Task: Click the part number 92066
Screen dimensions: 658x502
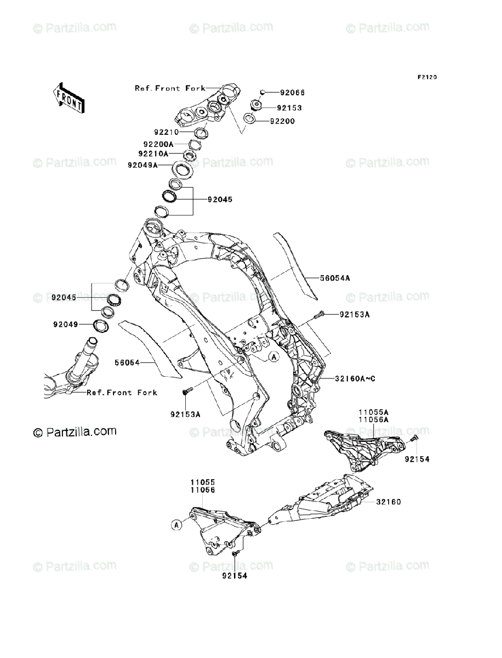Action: [293, 93]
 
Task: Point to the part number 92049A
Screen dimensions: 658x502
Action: [142, 164]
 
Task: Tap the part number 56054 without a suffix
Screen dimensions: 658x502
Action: [128, 362]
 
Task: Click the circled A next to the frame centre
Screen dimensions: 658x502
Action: [273, 357]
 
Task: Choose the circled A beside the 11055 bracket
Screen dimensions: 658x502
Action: [176, 525]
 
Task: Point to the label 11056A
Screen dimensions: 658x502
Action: [374, 419]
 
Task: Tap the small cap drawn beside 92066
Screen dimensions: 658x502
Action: [263, 93]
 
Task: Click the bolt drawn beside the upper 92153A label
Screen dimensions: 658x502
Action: [321, 314]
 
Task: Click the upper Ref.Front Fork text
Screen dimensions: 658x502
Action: [170, 88]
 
